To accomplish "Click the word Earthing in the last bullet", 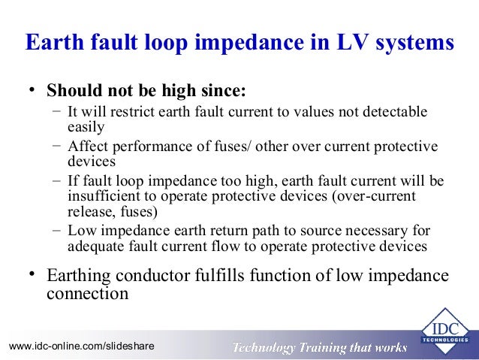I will tap(77, 276).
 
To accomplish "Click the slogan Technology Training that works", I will tap(320, 347).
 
